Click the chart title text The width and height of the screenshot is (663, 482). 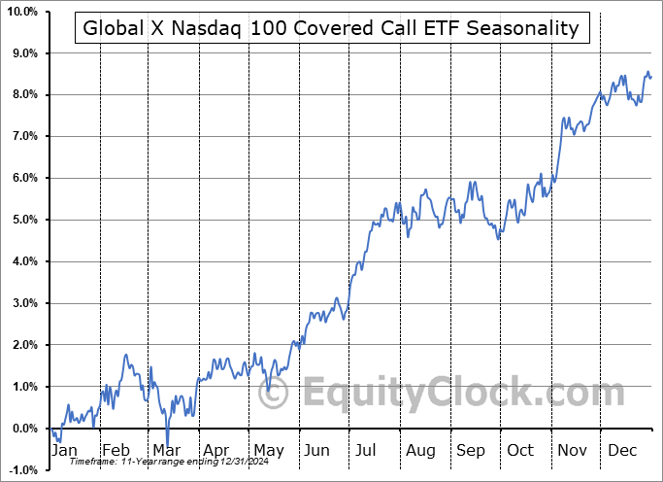[x=331, y=28]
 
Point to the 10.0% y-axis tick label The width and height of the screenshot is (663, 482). [x=21, y=12]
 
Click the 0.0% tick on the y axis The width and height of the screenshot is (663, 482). [x=23, y=429]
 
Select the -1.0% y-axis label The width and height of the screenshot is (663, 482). [x=22, y=470]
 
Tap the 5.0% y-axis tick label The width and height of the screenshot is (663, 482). [x=23, y=220]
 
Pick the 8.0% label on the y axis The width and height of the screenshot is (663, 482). [x=23, y=94]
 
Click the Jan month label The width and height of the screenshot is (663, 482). [x=63, y=451]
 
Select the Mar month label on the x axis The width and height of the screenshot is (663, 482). [x=165, y=451]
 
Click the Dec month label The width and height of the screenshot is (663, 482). [x=622, y=451]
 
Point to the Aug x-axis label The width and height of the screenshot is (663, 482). [x=420, y=451]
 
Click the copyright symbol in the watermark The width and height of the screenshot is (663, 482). [x=277, y=394]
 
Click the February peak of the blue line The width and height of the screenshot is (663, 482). [x=126, y=356]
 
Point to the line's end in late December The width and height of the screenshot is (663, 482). [x=650, y=77]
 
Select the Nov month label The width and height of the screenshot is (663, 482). [x=571, y=451]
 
